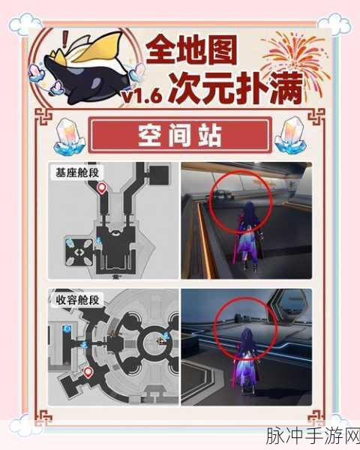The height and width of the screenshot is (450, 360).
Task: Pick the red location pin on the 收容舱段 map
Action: click(88, 371)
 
